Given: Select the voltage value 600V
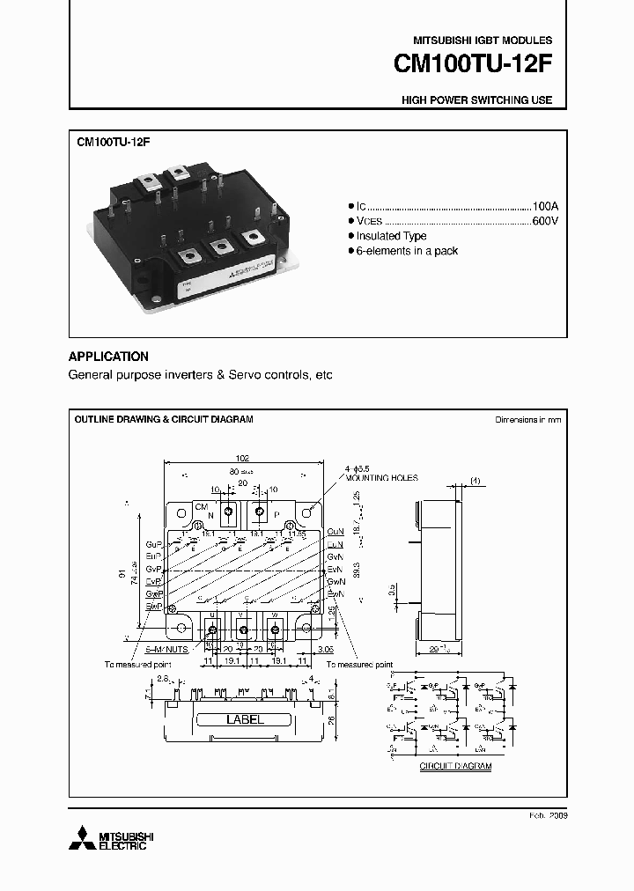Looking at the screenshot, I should coord(545,220).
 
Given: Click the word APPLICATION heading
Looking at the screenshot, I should coord(108,357).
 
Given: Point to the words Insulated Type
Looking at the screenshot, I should coord(391,236).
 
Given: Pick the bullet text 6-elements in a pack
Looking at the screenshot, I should coord(407,251).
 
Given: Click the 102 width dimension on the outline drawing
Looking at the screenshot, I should coord(243,458).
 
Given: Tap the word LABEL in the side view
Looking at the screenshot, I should coord(245,719).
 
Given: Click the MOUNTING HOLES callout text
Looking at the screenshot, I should coord(381,478).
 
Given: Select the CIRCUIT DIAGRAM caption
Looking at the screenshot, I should coord(455,767).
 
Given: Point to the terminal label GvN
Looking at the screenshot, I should coord(335,557).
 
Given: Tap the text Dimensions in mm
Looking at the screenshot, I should coord(527,420).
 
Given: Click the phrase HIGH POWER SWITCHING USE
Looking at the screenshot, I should coord(476,100).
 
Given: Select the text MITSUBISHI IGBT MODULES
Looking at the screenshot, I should coord(483,40).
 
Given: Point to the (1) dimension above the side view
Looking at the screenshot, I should coord(475,480).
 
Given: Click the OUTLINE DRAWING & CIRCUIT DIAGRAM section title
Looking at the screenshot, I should coord(164,419).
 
